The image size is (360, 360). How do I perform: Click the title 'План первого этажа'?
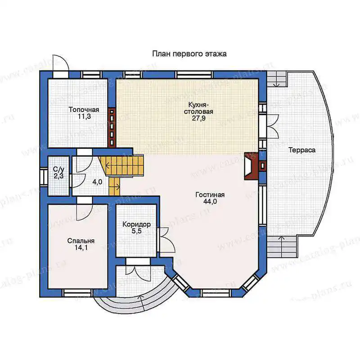pos(189,54)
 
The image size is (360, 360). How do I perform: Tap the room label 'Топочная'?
pos(84,109)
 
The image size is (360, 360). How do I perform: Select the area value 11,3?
pos(84,117)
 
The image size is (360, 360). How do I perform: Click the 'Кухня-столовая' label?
pos(198,108)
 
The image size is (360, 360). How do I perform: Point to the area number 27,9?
pos(198,118)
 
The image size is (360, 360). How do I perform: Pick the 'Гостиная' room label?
pos(210,195)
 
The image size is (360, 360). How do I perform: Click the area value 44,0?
pos(210,202)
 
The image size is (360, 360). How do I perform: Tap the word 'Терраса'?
pos(302,150)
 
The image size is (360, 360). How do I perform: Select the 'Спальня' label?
pos(81,241)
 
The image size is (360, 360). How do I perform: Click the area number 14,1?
pos(81,248)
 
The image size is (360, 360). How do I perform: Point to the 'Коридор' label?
pos(136,224)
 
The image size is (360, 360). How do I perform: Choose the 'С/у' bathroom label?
pos(58,169)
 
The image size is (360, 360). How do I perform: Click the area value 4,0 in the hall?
pos(97,182)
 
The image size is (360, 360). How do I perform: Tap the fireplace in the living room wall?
pos(252,166)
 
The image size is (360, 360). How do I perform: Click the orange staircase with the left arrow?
pos(121,165)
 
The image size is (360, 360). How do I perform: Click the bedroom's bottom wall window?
pos(77,292)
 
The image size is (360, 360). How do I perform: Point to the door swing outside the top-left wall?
pos(60,63)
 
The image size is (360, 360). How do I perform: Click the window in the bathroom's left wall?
pos(43,176)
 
